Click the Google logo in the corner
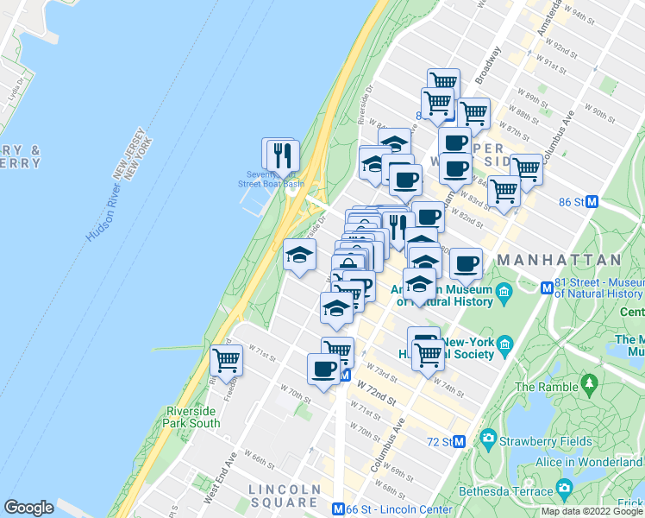pos(28,508)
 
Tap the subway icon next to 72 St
pos(460,441)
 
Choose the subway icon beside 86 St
pos(592,202)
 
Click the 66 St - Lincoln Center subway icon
pos(339,509)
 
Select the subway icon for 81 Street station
pos(547,287)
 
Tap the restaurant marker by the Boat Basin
pos(282,155)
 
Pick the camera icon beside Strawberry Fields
pos(489,440)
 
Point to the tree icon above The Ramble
pos(590,382)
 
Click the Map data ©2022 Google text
pos(592,511)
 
